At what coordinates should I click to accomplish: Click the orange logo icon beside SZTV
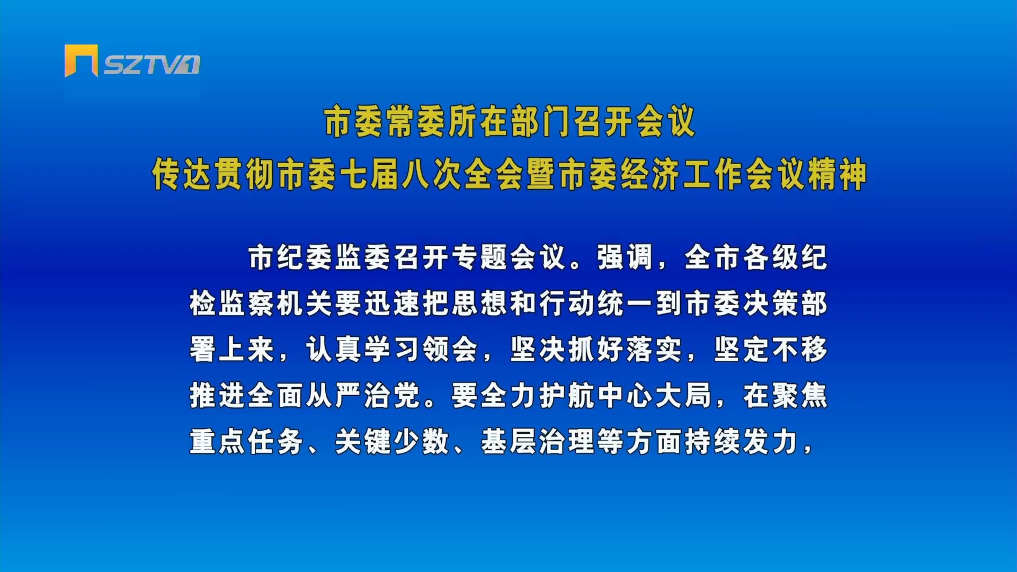[81, 60]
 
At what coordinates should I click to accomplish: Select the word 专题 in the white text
[480, 257]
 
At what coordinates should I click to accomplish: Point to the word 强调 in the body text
[626, 257]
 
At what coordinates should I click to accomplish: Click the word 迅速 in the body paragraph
[392, 303]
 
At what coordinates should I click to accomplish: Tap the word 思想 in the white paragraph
[480, 303]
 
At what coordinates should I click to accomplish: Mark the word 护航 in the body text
[567, 396]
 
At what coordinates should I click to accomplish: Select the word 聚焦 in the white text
[799, 396]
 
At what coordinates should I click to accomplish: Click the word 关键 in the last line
[363, 442]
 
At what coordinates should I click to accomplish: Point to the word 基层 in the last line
[509, 442]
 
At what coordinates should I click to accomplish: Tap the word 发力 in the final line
[771, 442]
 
